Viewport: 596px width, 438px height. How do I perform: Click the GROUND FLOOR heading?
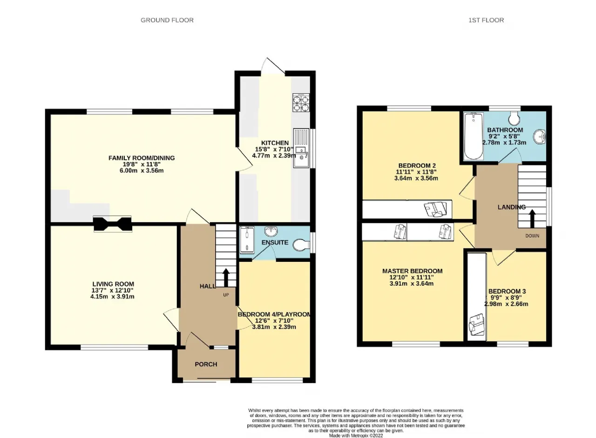(x=167, y=20)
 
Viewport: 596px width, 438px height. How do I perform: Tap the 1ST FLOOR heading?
(x=486, y=20)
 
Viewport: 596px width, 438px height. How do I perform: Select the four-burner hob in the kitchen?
(x=301, y=103)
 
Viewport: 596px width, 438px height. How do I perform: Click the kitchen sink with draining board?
(x=301, y=148)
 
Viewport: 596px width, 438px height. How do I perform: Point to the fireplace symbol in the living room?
(x=113, y=224)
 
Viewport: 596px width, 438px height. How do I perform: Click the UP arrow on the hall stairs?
(x=226, y=277)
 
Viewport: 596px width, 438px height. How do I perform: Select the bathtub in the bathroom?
(x=474, y=136)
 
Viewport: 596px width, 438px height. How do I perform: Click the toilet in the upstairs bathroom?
(x=514, y=118)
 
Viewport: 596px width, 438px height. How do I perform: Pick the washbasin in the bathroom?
(x=539, y=137)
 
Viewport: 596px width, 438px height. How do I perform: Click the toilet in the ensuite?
(x=301, y=245)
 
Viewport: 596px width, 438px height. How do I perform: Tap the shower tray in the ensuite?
(x=247, y=240)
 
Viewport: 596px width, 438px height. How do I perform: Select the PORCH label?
(x=206, y=364)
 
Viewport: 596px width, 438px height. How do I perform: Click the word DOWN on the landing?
(x=532, y=236)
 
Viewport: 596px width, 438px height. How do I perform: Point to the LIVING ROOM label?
(x=113, y=284)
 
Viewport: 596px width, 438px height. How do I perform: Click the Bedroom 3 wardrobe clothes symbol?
(x=477, y=325)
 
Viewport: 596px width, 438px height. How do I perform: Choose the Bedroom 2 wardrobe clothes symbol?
(x=435, y=209)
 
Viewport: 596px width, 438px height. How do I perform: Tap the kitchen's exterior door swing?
(x=272, y=66)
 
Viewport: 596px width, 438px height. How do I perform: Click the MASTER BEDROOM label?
(x=413, y=271)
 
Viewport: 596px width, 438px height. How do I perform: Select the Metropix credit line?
(x=356, y=436)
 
